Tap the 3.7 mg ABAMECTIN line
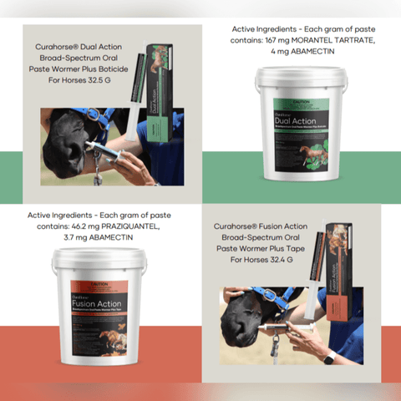tap(98, 238)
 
